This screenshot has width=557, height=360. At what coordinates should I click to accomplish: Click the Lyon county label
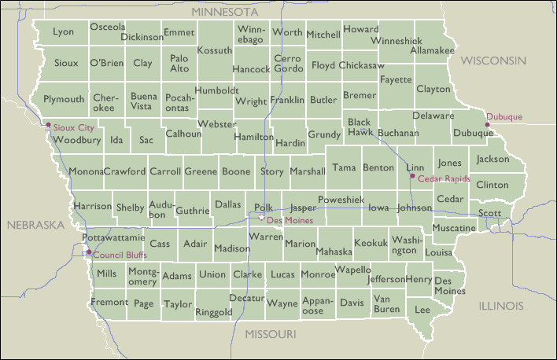[x=64, y=32]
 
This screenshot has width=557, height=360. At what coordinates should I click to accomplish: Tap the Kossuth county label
[x=215, y=50]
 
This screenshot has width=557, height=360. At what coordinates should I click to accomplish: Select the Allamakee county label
[x=433, y=50]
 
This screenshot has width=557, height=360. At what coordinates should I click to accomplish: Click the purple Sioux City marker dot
[x=49, y=124]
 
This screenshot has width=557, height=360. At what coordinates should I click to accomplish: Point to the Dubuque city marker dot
[x=487, y=124]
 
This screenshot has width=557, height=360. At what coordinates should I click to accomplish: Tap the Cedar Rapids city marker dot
[x=412, y=177]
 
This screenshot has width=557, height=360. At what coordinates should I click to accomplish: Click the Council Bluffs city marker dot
[x=89, y=253]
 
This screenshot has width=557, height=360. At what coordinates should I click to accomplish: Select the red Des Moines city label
[x=290, y=221]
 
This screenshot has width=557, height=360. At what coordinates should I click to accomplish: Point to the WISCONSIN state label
[x=493, y=61]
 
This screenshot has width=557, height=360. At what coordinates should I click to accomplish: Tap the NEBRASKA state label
[x=35, y=225]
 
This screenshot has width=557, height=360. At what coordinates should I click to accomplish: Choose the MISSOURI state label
[x=270, y=335]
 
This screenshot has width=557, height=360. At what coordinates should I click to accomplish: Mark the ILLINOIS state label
[x=501, y=305]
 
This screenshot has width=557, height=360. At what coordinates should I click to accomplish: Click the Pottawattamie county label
[x=113, y=237]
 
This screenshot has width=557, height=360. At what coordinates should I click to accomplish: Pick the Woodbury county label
[x=76, y=140]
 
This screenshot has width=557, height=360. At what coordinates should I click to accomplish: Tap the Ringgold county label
[x=214, y=312]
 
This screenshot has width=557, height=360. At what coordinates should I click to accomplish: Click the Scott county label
[x=489, y=213]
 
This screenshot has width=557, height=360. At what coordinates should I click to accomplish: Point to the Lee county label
[x=422, y=310]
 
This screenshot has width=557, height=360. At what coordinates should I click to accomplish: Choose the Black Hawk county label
[x=360, y=127]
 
